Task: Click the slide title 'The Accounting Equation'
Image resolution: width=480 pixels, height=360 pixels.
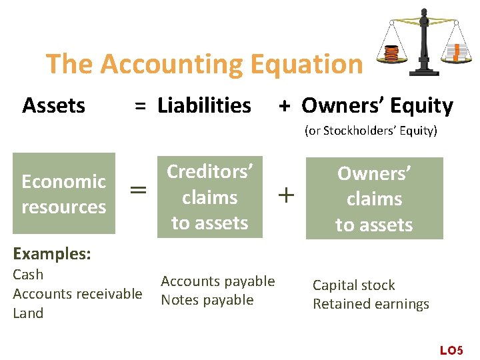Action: (x=204, y=64)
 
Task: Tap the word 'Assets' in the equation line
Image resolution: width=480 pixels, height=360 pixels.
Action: (x=53, y=105)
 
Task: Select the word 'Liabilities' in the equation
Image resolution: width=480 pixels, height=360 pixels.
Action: (x=204, y=105)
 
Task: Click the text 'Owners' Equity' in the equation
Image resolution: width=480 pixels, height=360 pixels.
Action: (x=377, y=105)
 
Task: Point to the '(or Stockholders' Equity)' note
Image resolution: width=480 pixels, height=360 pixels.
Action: (x=371, y=131)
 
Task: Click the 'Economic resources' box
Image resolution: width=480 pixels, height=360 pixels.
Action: (x=64, y=194)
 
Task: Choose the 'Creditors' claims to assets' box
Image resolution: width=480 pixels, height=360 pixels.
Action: (x=209, y=197)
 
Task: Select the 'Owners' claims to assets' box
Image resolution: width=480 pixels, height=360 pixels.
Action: (x=374, y=199)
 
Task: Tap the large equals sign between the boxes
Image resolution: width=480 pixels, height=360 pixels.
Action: (x=138, y=191)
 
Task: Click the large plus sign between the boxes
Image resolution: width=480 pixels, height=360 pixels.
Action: (x=285, y=195)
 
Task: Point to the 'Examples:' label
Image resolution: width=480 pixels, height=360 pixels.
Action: (x=52, y=254)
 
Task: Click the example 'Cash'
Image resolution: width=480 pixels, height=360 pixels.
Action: (x=28, y=275)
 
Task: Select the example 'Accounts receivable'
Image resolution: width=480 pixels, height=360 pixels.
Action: (x=77, y=294)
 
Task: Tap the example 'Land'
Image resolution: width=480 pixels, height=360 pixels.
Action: (x=28, y=313)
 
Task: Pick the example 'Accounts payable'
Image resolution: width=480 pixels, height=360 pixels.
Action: (x=218, y=281)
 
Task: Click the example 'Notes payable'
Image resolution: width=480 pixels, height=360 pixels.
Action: (x=207, y=300)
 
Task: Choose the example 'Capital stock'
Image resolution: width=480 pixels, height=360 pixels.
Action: (x=353, y=285)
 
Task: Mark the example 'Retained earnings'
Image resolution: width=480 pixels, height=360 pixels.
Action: (x=371, y=304)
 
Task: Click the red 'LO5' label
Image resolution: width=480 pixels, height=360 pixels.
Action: (x=451, y=350)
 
